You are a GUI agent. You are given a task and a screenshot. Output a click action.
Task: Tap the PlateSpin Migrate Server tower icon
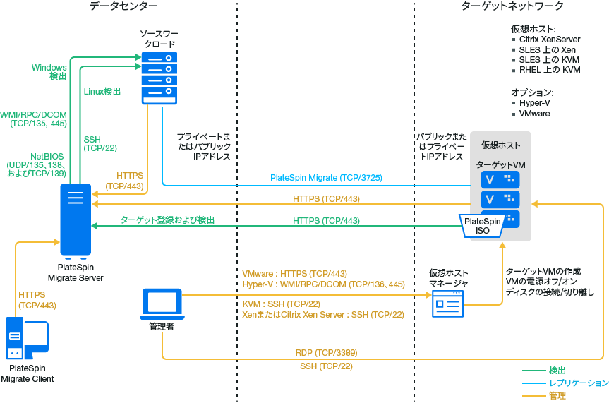tap(76, 218)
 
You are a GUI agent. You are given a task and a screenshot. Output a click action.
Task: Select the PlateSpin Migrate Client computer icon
tap(27, 338)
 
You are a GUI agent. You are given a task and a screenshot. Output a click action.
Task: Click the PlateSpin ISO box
tap(483, 226)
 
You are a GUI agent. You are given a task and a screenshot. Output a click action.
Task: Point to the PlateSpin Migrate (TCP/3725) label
tap(326, 178)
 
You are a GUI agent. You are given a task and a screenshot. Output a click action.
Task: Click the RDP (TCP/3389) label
tap(326, 352)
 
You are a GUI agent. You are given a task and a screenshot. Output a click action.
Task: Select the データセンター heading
tap(123, 6)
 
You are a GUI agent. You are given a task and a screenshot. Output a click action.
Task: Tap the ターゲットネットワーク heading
tap(502, 6)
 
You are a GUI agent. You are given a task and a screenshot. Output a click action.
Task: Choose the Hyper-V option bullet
tap(534, 103)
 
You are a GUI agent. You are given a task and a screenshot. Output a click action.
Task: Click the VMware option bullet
tap(534, 114)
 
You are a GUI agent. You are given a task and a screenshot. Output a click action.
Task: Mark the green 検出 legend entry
tap(557, 370)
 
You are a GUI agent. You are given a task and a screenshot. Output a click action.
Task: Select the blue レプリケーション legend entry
tap(578, 383)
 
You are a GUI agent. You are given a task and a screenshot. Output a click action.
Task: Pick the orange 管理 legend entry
tap(557, 396)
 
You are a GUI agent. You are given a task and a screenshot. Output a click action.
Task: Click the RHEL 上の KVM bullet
tap(550, 71)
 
